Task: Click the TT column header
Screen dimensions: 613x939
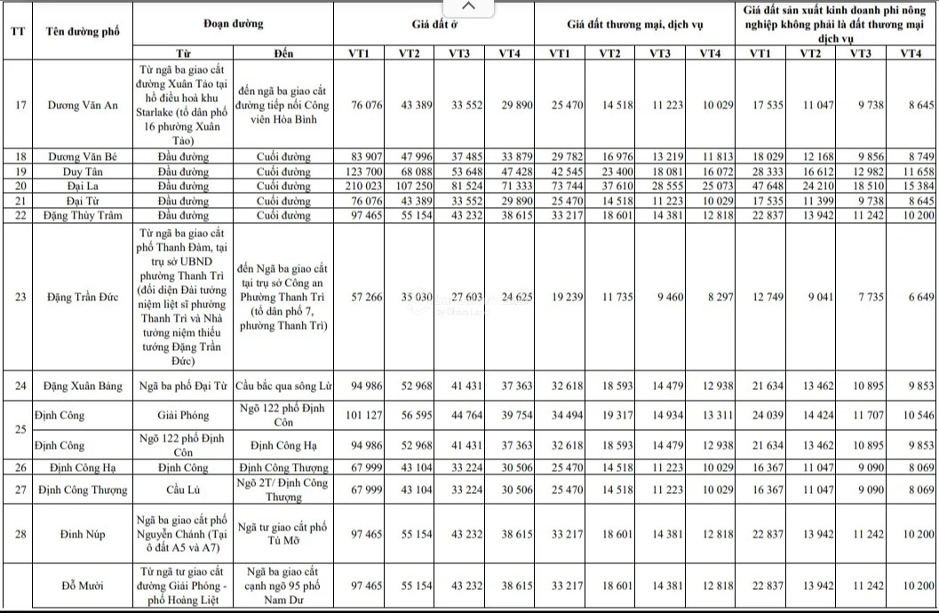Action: coord(17,31)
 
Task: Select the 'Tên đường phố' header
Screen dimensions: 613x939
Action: coord(83,31)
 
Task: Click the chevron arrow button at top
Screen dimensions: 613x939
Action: coord(471,7)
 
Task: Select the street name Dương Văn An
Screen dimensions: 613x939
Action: coord(83,105)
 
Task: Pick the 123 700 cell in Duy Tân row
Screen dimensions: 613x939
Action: coord(363,171)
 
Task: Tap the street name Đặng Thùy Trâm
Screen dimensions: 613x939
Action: coord(83,213)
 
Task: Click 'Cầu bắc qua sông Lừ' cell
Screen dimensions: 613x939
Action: coord(282,386)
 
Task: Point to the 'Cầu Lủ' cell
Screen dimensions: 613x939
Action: coord(184,490)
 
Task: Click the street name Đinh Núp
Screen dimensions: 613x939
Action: coord(83,532)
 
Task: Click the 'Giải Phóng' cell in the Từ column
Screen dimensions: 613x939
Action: coord(184,415)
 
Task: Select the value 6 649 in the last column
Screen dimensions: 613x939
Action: coord(918,297)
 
